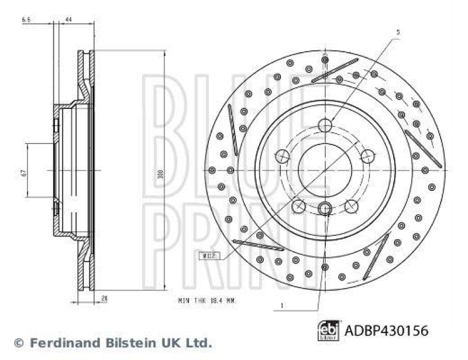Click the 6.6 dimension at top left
tap(26, 20)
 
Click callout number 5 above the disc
tap(397, 32)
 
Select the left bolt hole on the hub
tap(282, 156)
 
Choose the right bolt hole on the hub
tap(367, 156)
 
